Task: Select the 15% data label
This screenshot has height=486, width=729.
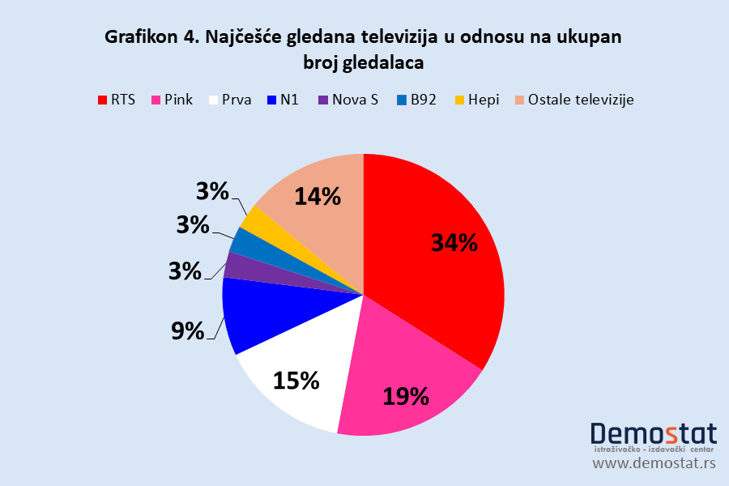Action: coord(296,380)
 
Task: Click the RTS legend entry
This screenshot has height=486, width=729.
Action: coord(117,100)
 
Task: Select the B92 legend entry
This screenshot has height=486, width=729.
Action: coord(416,100)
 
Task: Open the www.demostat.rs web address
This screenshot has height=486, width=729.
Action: coord(654,463)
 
